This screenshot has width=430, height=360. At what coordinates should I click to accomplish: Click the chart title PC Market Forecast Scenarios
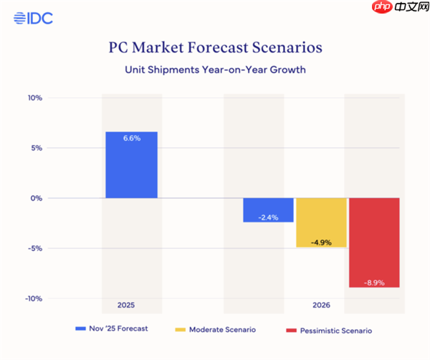click(215, 48)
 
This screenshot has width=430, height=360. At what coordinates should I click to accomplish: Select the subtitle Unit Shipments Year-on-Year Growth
click(215, 70)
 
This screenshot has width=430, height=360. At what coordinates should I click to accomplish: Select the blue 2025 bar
click(131, 165)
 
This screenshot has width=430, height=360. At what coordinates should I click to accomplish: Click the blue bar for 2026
click(268, 210)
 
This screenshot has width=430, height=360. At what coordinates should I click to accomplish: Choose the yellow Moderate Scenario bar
click(321, 222)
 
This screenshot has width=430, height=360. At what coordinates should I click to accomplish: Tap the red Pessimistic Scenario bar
click(374, 242)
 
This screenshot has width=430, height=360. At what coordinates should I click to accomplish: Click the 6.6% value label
click(131, 138)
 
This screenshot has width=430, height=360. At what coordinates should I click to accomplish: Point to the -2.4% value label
click(268, 217)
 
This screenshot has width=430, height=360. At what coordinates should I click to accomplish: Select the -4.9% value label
click(321, 242)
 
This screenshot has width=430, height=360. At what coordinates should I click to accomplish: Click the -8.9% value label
click(374, 283)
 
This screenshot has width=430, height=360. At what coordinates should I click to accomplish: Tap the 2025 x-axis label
click(126, 305)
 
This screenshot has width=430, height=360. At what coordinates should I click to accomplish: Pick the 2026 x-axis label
click(321, 305)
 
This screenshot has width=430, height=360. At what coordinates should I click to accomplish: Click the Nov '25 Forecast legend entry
click(115, 329)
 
